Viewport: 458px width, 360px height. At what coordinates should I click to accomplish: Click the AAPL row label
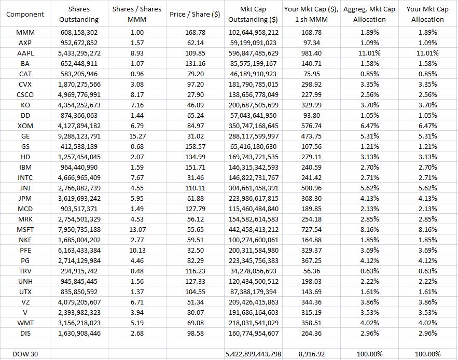click(x=25, y=53)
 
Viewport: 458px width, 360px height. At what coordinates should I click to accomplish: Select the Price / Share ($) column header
click(x=195, y=15)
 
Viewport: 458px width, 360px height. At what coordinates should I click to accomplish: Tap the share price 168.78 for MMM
click(x=195, y=33)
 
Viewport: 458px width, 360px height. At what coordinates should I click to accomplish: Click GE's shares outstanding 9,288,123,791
click(x=79, y=136)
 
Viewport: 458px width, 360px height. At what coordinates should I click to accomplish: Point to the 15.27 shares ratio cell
click(x=137, y=136)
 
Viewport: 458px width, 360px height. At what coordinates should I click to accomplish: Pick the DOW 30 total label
click(x=25, y=354)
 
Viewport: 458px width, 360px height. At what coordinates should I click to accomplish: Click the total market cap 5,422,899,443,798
click(x=253, y=354)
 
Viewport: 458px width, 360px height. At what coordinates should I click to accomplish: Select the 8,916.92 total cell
click(x=311, y=354)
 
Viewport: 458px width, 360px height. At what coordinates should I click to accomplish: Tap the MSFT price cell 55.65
click(x=195, y=230)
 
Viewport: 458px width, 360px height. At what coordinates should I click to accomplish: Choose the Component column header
click(x=25, y=15)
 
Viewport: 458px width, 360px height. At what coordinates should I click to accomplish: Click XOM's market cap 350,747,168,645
click(x=253, y=126)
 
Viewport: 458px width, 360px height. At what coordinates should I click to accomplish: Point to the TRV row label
click(x=25, y=271)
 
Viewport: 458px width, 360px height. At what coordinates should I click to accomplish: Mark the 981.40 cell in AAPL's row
click(x=311, y=53)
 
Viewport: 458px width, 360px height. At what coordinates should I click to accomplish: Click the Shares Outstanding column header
click(x=79, y=15)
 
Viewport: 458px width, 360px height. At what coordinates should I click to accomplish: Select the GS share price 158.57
click(x=195, y=147)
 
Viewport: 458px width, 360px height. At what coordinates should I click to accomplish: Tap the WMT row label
click(x=25, y=323)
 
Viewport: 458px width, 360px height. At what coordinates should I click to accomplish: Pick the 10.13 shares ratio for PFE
click(x=137, y=251)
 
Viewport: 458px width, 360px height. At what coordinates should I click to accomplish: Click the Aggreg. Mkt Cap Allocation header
click(x=369, y=15)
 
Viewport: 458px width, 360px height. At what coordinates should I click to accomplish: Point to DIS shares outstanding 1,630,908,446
click(x=79, y=334)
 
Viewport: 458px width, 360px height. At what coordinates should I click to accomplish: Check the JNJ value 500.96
click(x=311, y=188)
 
